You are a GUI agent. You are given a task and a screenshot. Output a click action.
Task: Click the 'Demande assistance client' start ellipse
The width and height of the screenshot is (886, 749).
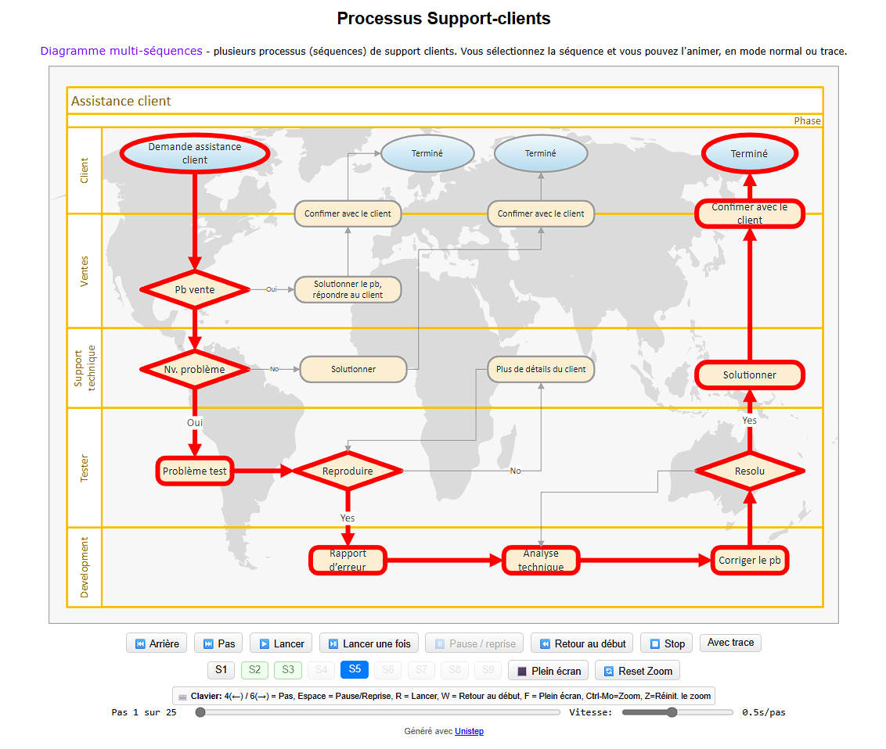coord(195,153)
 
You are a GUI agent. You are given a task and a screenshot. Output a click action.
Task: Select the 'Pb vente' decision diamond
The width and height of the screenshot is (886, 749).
coord(195,289)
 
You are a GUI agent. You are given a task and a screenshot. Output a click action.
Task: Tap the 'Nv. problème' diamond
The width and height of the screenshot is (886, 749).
coord(195,369)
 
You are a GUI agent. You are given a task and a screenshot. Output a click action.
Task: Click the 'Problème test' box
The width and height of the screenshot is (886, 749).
coord(195,471)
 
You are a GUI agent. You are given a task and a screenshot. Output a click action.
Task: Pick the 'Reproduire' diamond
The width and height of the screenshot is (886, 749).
coord(348,471)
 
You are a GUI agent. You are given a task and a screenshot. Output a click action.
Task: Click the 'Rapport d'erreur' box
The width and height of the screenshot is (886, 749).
coord(348,561)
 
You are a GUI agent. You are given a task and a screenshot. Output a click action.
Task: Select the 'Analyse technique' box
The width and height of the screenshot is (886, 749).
coord(540,561)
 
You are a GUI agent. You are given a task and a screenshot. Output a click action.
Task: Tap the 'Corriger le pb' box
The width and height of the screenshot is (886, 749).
coord(749,561)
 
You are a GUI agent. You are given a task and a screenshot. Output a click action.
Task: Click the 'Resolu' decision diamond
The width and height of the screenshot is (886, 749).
coord(749,471)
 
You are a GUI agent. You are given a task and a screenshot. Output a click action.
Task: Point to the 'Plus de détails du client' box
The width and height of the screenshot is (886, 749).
coord(540,369)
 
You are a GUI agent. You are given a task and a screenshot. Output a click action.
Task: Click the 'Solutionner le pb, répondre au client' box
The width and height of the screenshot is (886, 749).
coord(348,289)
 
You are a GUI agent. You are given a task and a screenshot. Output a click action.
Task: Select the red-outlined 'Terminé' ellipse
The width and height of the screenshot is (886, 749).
coord(749,154)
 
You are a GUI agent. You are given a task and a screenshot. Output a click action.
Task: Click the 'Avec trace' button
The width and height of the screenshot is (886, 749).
coord(730,643)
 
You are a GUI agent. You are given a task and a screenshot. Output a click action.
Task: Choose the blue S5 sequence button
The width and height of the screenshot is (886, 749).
coord(355,669)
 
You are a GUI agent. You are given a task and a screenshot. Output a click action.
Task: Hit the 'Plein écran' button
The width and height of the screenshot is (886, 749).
coord(548,671)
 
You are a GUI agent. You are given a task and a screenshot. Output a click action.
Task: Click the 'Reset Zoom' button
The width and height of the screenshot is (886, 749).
coord(637,671)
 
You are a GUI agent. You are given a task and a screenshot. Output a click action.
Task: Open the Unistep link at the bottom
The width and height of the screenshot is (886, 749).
coord(470,731)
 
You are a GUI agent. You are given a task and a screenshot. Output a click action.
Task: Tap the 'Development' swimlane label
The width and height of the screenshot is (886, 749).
coord(85,568)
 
